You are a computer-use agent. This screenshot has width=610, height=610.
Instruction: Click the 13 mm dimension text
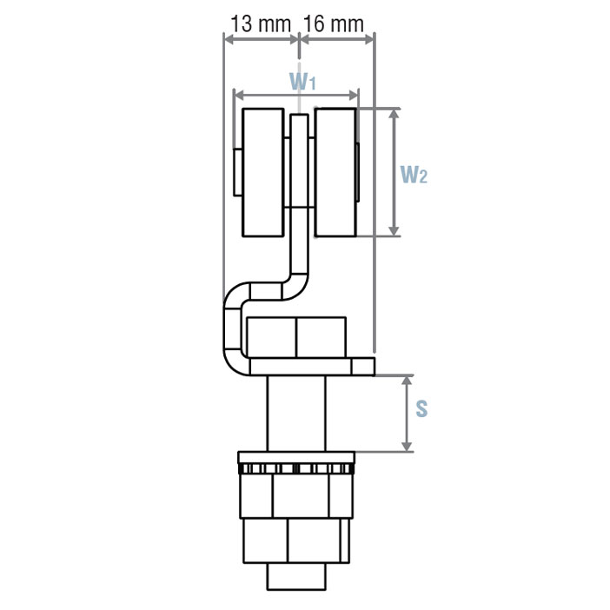(260, 23)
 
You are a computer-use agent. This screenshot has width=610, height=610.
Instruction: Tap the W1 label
(302, 82)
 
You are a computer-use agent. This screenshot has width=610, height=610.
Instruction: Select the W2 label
(414, 174)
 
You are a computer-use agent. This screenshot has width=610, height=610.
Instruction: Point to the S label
(421, 408)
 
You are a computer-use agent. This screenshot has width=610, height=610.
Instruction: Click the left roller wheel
(263, 172)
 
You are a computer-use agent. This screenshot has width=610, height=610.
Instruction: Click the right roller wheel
(335, 172)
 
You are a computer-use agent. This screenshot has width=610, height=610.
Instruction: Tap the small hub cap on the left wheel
(238, 172)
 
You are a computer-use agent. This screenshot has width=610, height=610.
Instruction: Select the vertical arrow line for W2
(395, 172)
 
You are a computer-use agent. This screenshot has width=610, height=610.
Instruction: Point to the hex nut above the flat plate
(296, 337)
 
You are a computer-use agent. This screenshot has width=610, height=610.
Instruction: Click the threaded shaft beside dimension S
(296, 414)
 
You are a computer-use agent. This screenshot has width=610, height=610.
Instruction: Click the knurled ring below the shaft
(296, 469)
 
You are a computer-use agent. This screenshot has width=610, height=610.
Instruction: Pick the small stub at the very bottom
(296, 575)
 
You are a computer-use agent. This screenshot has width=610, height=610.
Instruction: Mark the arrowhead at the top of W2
(395, 114)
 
